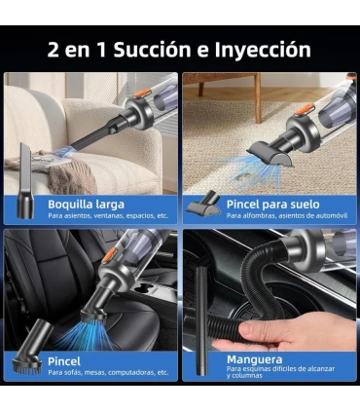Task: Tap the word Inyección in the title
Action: [263, 51]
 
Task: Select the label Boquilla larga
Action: [86, 205]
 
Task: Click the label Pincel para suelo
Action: [273, 205]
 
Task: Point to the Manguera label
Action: [255, 359]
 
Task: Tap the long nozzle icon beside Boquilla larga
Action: [25, 180]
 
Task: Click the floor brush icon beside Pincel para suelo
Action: [204, 203]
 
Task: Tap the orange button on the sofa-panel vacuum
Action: [142, 94]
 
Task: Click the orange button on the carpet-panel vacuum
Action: [305, 109]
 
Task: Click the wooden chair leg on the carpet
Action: [258, 98]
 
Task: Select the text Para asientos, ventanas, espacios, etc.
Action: [108, 215]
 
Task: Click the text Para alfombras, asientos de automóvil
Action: [287, 215]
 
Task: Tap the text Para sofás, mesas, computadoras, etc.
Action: [108, 372]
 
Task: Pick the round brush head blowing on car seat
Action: [93, 315]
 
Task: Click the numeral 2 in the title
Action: [54, 50]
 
